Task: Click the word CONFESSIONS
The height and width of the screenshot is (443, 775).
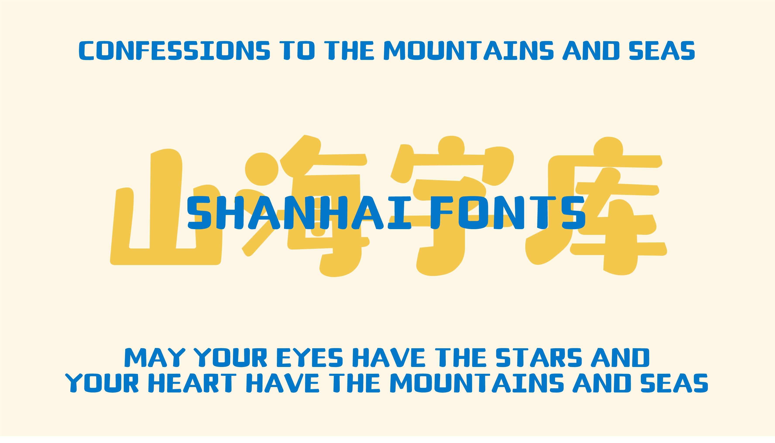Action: click(174, 51)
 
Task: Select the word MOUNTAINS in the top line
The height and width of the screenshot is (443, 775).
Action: click(468, 51)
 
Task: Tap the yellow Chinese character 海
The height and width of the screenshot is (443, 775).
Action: click(305, 206)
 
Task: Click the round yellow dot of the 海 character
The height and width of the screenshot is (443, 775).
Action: click(262, 169)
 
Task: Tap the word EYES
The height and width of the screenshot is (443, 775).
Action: click(309, 357)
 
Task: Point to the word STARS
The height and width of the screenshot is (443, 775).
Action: click(539, 357)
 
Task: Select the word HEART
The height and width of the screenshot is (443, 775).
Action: click(192, 383)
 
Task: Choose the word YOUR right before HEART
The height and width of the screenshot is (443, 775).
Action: click(102, 383)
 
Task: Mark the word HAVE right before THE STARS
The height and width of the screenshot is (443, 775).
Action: click(389, 357)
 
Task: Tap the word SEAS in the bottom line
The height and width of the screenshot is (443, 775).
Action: click(674, 383)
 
